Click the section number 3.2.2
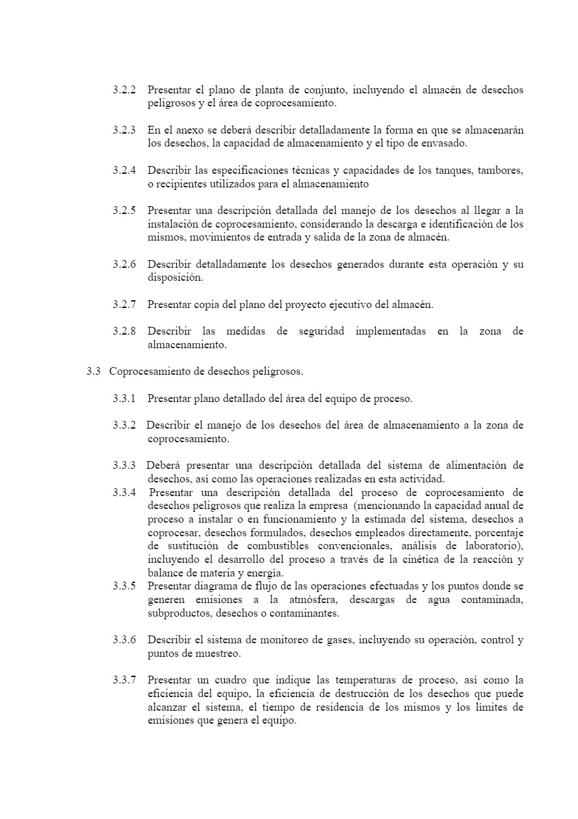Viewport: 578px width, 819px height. (x=124, y=90)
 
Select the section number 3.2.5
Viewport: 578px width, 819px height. (x=124, y=211)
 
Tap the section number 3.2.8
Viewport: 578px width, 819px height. (x=124, y=331)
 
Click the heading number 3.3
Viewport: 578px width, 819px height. (x=93, y=372)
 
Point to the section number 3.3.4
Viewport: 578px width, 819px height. (x=124, y=492)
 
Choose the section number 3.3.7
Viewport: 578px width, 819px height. (x=124, y=680)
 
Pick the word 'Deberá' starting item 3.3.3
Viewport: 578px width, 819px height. (x=163, y=466)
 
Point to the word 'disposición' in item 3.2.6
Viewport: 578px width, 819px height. (x=175, y=278)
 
